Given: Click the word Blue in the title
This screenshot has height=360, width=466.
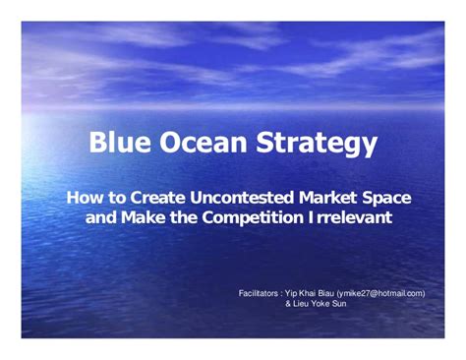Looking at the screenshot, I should pyautogui.click(x=121, y=145).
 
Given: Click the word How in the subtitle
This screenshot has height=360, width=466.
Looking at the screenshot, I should pyautogui.click(x=84, y=198).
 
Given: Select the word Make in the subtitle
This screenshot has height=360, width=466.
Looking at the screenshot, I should pyautogui.click(x=144, y=216).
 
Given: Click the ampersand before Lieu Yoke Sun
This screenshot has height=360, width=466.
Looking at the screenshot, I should pyautogui.click(x=288, y=304).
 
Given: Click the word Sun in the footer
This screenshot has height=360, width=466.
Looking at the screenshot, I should pyautogui.click(x=339, y=304).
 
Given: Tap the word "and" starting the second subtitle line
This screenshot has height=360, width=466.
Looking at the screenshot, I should pyautogui.click(x=101, y=216).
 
